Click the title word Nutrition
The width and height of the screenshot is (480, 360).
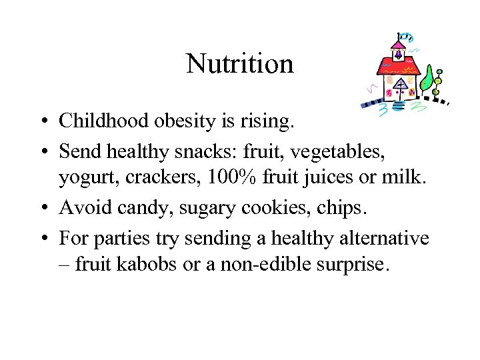pyautogui.click(x=239, y=64)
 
